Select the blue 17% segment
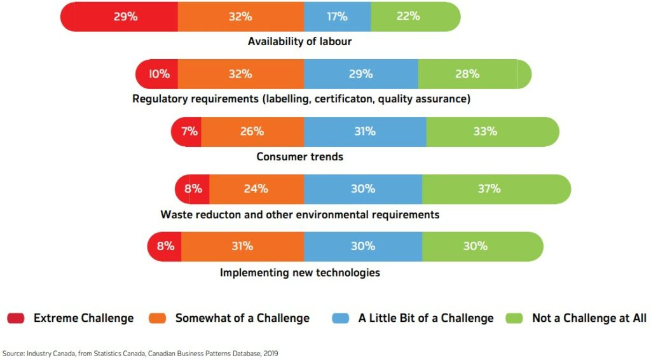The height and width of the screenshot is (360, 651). tap(337, 17)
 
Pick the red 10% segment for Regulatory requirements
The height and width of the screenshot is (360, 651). tap(157, 74)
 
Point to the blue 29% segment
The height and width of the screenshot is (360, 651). tap(360, 74)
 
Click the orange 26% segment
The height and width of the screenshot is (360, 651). tap(252, 132)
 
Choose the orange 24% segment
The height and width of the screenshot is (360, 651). tap(256, 189)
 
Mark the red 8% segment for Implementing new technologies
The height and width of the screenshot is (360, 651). tap(165, 246)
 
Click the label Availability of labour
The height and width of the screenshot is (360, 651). tap(299, 42)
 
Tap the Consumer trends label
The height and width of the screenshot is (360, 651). tap(299, 156)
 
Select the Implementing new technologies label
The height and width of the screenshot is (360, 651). tap(299, 272)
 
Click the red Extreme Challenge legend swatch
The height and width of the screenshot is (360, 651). tap(15, 317)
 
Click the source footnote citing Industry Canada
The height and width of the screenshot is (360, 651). tap(140, 352)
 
